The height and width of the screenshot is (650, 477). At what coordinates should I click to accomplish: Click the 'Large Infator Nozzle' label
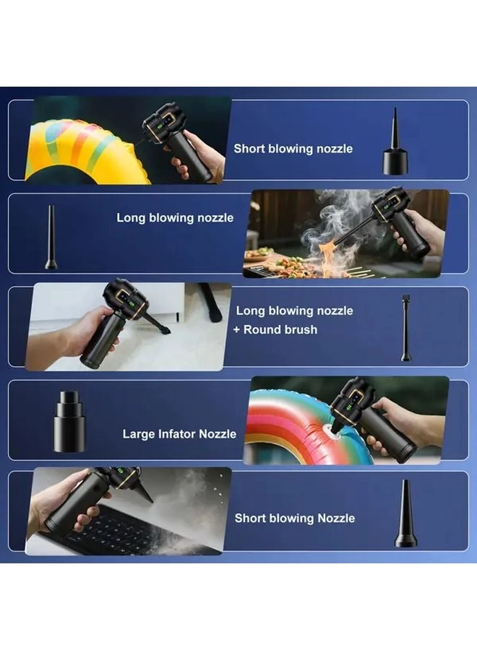179,434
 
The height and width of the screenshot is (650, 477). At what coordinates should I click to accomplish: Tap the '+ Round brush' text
277,329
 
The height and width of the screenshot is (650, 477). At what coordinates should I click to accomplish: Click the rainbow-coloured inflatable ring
289,426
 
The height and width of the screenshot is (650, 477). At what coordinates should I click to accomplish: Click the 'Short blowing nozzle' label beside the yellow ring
293,149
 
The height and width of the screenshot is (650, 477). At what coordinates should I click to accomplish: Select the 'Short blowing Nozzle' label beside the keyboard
294,518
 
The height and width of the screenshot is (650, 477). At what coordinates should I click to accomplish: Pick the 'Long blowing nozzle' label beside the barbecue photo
175,217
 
